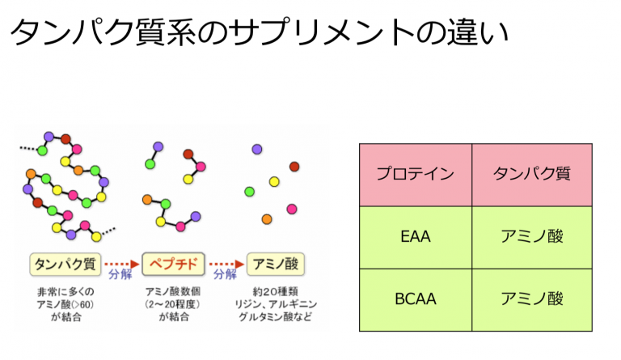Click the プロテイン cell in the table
pos(416,175)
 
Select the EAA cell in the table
pos(416,237)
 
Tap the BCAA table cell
pos(416,300)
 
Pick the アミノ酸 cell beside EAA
pos(532,237)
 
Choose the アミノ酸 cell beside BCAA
pos(532,300)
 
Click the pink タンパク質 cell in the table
pos(532,175)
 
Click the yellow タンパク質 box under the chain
pos(65,265)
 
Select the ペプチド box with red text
pos(174,264)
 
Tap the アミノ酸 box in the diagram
pos(276,265)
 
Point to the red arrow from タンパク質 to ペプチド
pos(122,265)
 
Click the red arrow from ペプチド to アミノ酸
pos(226,265)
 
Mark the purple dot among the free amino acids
pos(257,150)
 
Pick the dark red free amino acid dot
pos(294,167)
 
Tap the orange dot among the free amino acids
pos(267,219)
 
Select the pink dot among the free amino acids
pos(292,209)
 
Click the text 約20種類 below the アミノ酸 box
pos(275,292)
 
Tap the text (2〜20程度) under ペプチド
pos(173,304)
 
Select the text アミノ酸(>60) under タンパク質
pos(65,304)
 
